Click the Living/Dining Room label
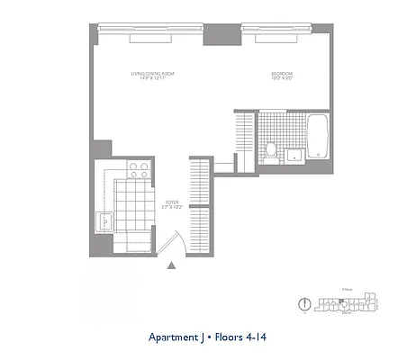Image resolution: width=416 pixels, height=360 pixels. pyautogui.click(x=148, y=74)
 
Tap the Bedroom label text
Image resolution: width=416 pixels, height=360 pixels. pyautogui.click(x=284, y=74)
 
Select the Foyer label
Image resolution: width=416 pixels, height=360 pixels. pyautogui.click(x=170, y=202)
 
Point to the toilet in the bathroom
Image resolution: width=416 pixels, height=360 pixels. pyautogui.click(x=270, y=149)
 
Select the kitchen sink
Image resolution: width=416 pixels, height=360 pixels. pyautogui.click(x=105, y=219)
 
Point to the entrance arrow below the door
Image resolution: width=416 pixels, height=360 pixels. pyautogui.click(x=171, y=265)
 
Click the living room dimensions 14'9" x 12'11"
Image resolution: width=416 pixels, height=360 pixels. pyautogui.click(x=148, y=80)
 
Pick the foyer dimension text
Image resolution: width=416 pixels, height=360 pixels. pyautogui.click(x=170, y=208)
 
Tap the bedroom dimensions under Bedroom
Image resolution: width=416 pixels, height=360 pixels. pyautogui.click(x=284, y=80)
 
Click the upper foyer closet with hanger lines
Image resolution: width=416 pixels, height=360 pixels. pyautogui.click(x=199, y=180)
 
